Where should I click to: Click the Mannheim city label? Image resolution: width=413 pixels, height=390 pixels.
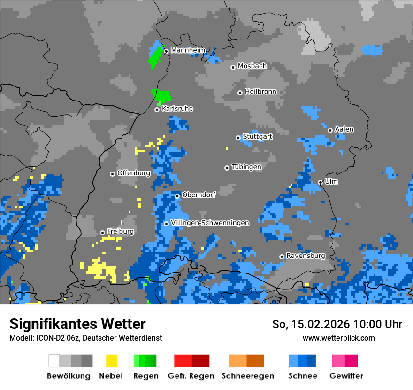point(188,50)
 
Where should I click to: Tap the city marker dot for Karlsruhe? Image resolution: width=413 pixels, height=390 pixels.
point(157,109)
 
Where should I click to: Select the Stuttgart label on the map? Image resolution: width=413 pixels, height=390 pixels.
point(257,137)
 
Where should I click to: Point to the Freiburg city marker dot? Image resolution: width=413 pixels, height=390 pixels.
point(102,233)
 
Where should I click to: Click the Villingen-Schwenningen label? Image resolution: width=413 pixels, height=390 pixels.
point(210,223)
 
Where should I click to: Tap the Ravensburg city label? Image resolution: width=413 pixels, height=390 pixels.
point(306,256)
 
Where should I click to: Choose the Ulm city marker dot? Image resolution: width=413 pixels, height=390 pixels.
point(320,182)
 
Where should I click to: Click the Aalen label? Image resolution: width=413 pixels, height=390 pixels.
point(344,130)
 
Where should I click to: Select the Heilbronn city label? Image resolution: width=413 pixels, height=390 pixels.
point(260,92)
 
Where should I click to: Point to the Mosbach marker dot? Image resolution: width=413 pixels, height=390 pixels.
point(233,67)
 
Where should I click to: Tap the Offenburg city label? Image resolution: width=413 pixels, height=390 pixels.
point(133,173)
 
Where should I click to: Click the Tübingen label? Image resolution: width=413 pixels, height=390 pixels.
point(246,167)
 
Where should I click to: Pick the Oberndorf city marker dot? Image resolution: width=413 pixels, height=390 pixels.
point(177,196)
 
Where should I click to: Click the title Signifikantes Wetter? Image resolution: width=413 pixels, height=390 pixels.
point(77,324)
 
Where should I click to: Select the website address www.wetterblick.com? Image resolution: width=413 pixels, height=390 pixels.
point(338,338)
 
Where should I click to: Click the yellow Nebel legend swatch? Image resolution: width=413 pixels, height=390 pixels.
point(111,361)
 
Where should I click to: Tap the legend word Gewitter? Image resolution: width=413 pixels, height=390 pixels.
point(346,376)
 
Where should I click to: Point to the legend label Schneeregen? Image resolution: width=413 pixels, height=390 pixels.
point(247,376)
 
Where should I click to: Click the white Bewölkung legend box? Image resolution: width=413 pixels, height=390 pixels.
point(54,361)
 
